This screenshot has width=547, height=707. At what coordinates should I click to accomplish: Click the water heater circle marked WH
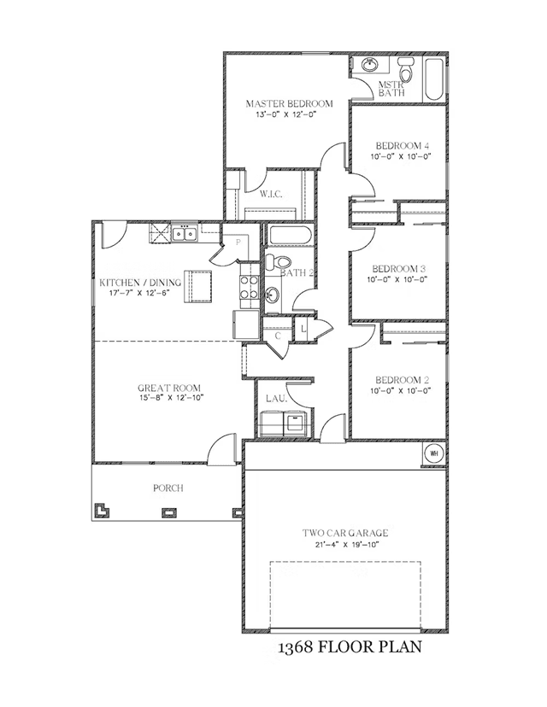click(434, 453)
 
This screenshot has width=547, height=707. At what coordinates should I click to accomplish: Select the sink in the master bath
click(371, 65)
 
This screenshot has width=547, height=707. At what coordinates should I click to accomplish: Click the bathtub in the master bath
click(435, 79)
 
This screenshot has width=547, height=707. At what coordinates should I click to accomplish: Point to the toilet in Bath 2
click(279, 261)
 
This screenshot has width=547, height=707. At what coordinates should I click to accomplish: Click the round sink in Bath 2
click(273, 295)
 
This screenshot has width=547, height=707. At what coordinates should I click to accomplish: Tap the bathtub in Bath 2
click(291, 236)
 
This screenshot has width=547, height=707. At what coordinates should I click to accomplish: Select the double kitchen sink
click(185, 234)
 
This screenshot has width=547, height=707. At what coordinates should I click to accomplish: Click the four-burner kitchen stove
click(249, 287)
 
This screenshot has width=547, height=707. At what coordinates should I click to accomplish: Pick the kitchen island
click(197, 286)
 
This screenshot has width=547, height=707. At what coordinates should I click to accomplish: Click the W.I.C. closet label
click(271, 195)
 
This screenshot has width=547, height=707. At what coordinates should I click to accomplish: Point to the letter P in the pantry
click(238, 242)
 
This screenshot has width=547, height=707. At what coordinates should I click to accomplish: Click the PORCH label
click(168, 488)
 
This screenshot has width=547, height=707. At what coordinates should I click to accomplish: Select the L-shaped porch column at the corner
click(101, 510)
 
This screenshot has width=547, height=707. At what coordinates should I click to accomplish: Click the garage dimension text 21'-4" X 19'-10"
click(344, 544)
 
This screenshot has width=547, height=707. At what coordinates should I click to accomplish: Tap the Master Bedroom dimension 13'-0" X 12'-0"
click(285, 114)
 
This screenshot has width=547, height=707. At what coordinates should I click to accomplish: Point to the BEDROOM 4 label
click(402, 146)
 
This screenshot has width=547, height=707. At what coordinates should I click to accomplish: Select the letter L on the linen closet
click(303, 329)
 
